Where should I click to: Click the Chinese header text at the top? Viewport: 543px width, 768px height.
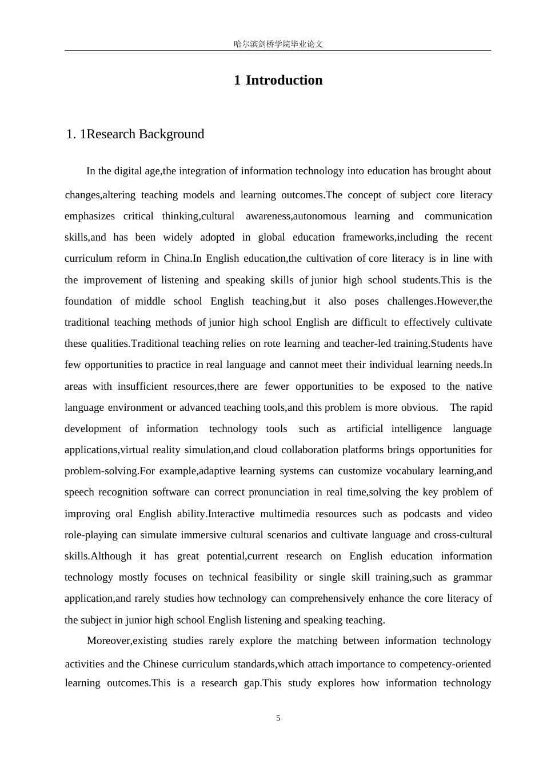point(278,44)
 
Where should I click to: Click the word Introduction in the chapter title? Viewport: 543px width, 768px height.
point(284,80)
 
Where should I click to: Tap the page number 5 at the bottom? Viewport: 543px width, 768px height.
point(278,718)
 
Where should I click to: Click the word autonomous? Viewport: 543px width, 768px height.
point(320,216)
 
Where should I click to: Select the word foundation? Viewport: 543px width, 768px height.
point(89,301)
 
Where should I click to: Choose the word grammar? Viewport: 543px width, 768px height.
point(473,577)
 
